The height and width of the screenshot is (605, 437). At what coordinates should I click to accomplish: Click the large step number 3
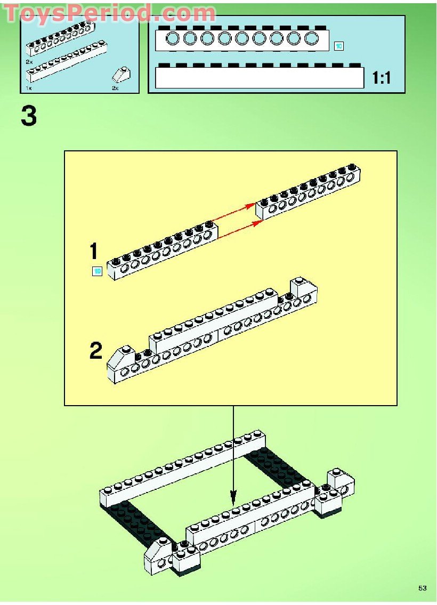pyautogui.click(x=29, y=116)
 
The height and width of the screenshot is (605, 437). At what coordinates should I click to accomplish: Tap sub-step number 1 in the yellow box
pyautogui.click(x=94, y=251)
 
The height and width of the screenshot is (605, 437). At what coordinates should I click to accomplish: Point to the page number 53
pyautogui.click(x=423, y=588)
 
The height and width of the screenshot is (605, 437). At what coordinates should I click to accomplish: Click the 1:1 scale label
pyautogui.click(x=382, y=78)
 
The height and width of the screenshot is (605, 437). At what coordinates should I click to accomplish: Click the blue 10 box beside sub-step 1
pyautogui.click(x=97, y=271)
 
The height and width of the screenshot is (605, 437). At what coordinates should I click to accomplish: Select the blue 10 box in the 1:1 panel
pyautogui.click(x=338, y=46)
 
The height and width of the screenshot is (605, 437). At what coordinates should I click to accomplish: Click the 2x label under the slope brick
pyautogui.click(x=115, y=88)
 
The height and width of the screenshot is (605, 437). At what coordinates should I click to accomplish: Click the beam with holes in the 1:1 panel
pyautogui.click(x=242, y=38)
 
